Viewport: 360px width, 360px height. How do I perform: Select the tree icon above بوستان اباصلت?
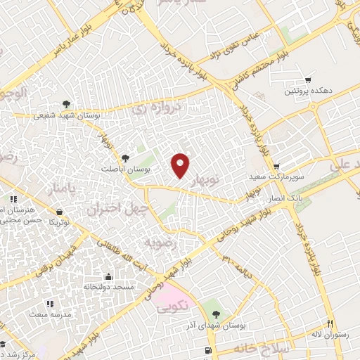pyautogui.click(x=126, y=158)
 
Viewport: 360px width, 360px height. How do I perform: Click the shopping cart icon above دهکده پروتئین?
pyautogui.click(x=307, y=80)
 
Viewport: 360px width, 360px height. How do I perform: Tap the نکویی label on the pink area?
pyautogui.click(x=172, y=308)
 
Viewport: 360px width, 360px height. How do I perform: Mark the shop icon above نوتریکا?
pyautogui.click(x=60, y=211)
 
